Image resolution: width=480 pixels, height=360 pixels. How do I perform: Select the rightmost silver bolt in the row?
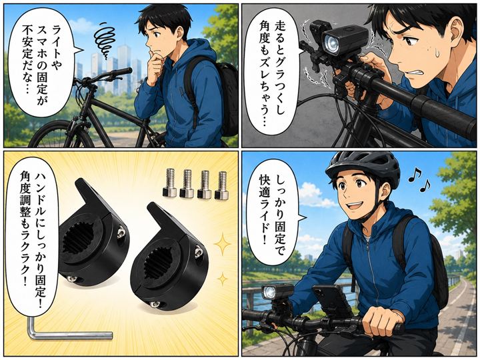221,186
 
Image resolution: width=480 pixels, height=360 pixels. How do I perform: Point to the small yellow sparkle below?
223,279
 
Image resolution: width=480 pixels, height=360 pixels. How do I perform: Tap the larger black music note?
415,175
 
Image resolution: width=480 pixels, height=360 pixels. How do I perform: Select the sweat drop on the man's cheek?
437,53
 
